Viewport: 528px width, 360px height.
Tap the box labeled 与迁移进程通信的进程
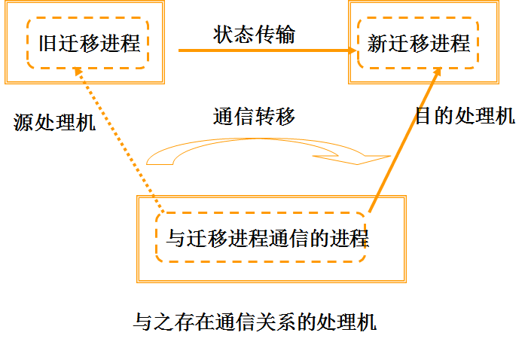267,239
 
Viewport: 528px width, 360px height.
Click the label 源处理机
55,122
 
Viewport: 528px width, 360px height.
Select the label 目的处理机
465,116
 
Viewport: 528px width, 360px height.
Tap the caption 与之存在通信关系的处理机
254,323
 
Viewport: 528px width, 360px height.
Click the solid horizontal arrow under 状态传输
264,50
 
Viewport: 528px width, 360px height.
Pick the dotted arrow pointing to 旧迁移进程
121,136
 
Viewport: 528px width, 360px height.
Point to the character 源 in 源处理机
23,122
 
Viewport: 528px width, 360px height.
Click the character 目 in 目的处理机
424,116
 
